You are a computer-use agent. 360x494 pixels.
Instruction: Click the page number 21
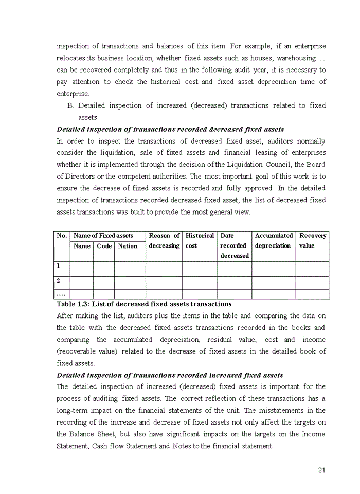[322, 470]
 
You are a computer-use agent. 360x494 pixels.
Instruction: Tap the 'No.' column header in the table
[62, 236]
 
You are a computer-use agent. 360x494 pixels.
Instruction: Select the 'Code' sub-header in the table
[104, 246]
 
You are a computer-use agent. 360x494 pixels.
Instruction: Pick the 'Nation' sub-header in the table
[128, 246]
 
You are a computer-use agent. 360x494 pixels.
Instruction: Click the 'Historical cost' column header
[200, 240]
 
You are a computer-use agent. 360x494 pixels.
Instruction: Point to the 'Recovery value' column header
[313, 240]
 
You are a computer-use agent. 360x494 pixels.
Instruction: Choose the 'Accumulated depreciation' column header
[274, 240]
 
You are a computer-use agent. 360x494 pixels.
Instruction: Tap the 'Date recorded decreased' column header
[234, 245]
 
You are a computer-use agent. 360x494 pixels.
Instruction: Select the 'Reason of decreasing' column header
[164, 240]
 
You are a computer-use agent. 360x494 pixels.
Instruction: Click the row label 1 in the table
[59, 267]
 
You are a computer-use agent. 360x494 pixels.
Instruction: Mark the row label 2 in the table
[59, 281]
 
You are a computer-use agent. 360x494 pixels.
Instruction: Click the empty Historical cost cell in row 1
[200, 269]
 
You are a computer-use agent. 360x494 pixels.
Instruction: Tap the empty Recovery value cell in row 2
[313, 283]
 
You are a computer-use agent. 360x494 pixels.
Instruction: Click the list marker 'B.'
[71, 105]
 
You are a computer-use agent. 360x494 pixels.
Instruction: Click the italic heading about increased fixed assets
[170, 375]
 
